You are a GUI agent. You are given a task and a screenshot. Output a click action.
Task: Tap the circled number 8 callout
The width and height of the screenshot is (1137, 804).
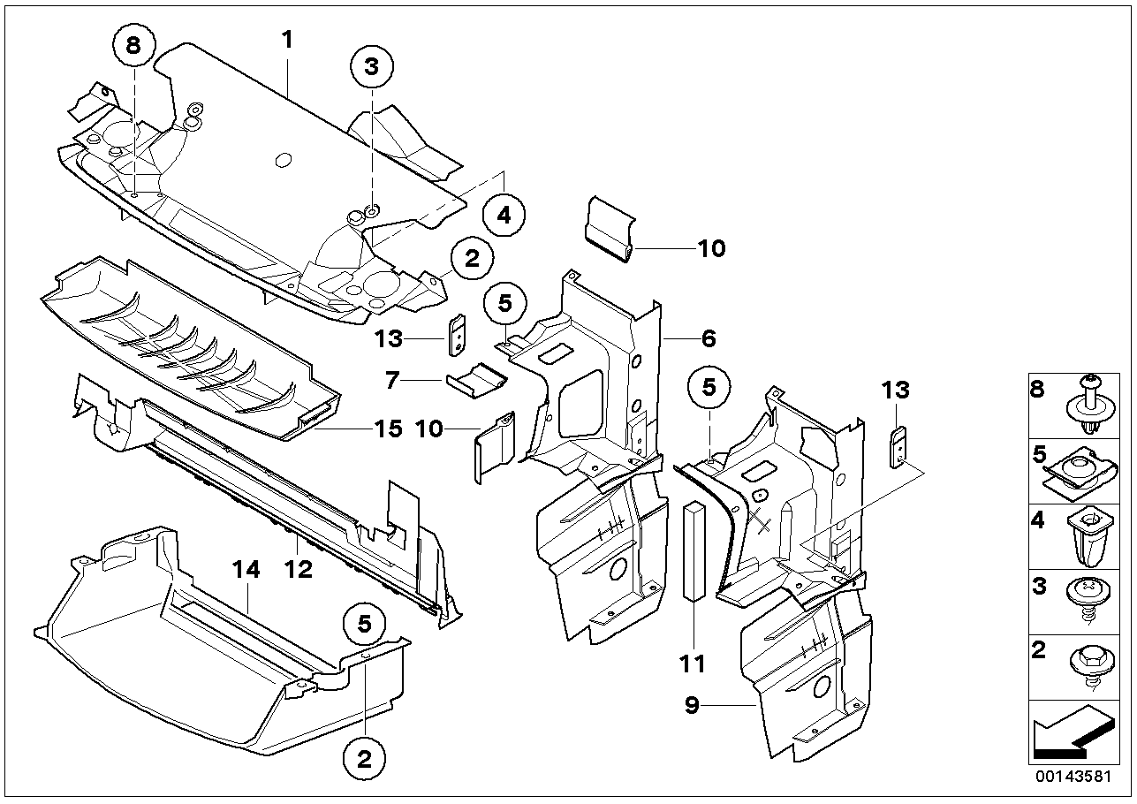(x=133, y=47)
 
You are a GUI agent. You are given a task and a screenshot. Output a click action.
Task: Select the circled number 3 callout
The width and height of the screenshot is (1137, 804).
(x=371, y=65)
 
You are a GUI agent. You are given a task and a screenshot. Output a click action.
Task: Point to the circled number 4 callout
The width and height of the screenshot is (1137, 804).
(x=504, y=215)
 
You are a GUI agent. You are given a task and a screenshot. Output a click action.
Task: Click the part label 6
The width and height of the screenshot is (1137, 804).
(x=709, y=338)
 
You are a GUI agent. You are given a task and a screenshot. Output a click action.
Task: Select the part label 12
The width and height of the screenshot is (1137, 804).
(x=299, y=570)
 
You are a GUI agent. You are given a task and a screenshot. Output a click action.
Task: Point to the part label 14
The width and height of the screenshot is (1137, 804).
(x=247, y=572)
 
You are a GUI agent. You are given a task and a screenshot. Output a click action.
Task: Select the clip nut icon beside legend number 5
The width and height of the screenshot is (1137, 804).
(x=1083, y=470)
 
